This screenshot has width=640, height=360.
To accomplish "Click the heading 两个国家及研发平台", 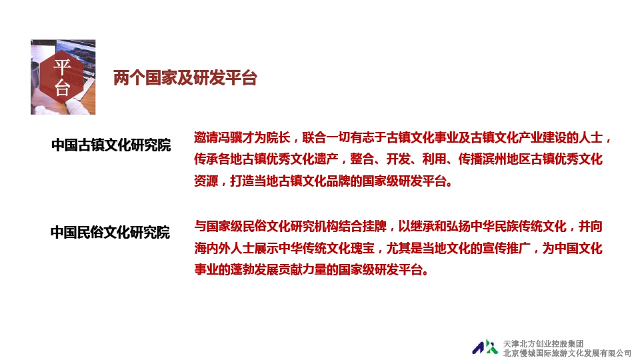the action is (185, 77).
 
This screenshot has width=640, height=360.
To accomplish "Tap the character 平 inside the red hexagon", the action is (63, 67).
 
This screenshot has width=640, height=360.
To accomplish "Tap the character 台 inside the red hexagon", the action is (63, 88).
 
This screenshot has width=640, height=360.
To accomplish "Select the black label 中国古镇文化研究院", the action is (111, 145).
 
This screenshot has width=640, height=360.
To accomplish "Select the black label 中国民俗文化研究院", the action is (110, 232).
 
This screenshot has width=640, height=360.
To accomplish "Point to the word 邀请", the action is (206, 137).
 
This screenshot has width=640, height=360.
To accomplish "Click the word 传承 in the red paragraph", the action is (206, 159).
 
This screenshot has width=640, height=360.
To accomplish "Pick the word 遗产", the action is (326, 159).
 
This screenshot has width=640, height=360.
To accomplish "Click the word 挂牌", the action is (374, 226).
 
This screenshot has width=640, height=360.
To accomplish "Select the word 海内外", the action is (212, 248).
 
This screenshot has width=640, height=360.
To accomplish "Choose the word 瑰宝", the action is (362, 248).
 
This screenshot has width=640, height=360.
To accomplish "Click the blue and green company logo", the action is (485, 347).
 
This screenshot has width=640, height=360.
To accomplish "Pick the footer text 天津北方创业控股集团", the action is (543, 344).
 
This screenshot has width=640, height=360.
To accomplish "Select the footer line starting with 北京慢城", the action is (567, 353).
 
